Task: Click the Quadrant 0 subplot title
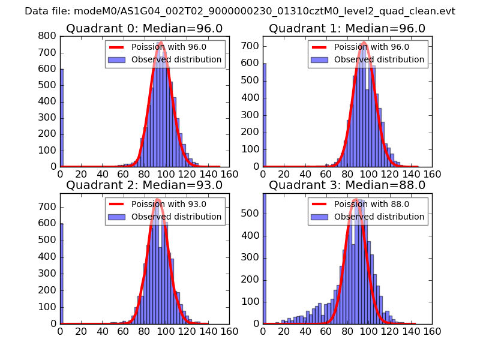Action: pyautogui.click(x=144, y=29)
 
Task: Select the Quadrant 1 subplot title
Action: pyautogui.click(x=347, y=29)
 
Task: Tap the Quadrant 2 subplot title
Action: pyautogui.click(x=144, y=185)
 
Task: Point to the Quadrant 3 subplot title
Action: pyautogui.click(x=347, y=185)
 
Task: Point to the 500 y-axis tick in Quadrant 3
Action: pyautogui.click(x=250, y=213)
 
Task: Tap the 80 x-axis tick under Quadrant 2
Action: pyautogui.click(x=145, y=331)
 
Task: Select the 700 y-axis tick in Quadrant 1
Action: pyautogui.click(x=250, y=46)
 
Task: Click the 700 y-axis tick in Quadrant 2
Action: pyautogui.click(x=47, y=207)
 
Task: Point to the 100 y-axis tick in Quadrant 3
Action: pyautogui.click(x=250, y=302)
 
